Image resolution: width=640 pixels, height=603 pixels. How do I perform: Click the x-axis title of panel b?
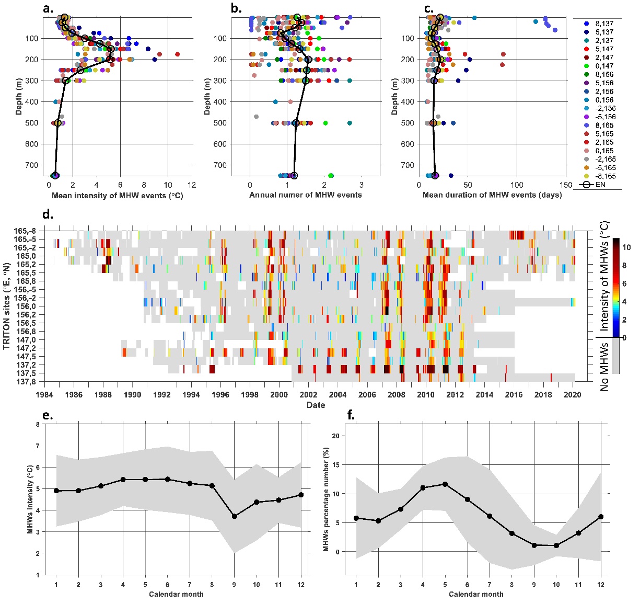click(305, 195)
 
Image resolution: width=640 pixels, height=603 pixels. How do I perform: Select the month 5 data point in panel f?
click(445, 484)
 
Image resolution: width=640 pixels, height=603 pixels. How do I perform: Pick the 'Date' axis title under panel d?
click(316, 405)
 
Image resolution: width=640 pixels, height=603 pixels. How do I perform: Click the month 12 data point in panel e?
click(301, 495)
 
